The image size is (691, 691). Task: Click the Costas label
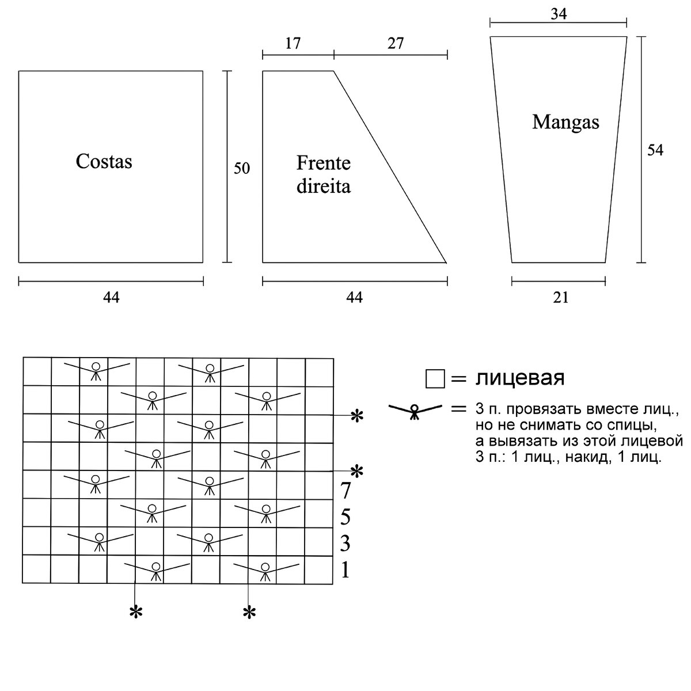coord(104,161)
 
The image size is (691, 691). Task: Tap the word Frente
coord(323,164)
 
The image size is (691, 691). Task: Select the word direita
coord(323,187)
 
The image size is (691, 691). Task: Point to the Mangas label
coord(565,122)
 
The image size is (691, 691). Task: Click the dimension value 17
coord(293,43)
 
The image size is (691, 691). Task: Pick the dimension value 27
coord(395,43)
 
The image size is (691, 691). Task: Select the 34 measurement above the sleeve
coord(559,13)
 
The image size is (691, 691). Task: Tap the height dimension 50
coord(242,169)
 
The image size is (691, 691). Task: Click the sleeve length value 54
coord(655,150)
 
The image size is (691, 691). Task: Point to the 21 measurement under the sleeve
coord(560,297)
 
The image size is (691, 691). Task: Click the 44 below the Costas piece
coord(111,297)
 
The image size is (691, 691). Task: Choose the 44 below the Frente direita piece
coord(355,297)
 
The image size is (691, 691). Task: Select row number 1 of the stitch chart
coord(345,570)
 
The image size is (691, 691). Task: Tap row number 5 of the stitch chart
coord(345,517)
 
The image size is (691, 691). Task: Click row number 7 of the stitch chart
coord(345,491)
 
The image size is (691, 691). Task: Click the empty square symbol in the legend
coord(435,379)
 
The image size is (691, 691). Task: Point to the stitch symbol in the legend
coord(415,411)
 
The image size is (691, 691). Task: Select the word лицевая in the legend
coord(519,378)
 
